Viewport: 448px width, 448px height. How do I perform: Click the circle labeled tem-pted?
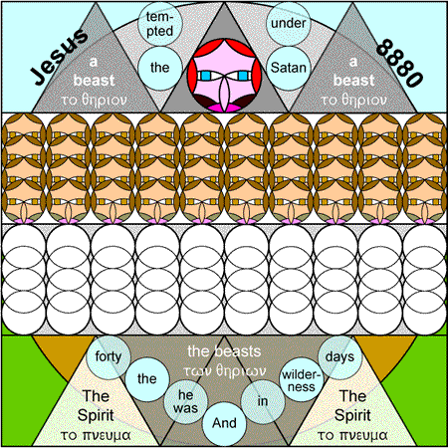click(160, 24)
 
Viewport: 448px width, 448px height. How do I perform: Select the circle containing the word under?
click(289, 24)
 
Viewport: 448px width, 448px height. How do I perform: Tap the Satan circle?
click(289, 68)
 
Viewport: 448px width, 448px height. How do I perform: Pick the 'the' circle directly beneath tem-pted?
click(160, 68)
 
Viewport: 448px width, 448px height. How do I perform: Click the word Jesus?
click(60, 57)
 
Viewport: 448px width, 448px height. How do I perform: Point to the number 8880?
click(400, 63)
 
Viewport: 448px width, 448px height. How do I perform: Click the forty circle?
click(109, 357)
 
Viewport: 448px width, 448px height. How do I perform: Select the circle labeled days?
click(339, 357)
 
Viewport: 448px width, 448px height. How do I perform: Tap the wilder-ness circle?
click(302, 380)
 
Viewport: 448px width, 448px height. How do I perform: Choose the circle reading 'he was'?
click(185, 401)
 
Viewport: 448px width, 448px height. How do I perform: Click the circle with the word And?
click(224, 423)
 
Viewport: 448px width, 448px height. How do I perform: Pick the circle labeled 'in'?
click(263, 401)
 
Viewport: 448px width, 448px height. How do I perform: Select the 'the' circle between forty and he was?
click(147, 379)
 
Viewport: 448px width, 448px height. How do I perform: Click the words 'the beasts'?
click(224, 351)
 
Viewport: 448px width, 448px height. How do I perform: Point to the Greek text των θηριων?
click(224, 370)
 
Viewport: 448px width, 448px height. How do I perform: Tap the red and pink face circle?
click(224, 76)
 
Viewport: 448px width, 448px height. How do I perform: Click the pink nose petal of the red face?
click(224, 95)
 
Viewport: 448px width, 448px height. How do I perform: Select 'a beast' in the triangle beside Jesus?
click(94, 72)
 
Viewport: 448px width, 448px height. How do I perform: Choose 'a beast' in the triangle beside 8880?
click(353, 72)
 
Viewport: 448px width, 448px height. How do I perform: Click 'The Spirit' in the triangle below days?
click(352, 405)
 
